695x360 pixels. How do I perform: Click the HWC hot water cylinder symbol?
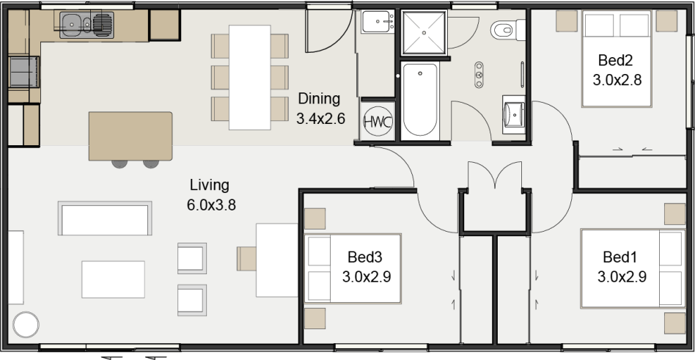pos(378,122)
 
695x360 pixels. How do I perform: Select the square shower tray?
pos(424,33)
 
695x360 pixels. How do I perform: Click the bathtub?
pos(420,100)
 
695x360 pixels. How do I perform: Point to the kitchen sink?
pos(86,23)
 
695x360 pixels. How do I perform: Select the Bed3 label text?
pos(365,257)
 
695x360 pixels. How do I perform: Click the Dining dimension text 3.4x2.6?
pos(320,118)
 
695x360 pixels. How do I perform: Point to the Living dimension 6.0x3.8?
pos(211,205)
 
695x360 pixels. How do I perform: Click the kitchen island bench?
pos(130,136)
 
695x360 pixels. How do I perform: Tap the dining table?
pos(249,78)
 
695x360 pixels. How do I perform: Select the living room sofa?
pos(105,218)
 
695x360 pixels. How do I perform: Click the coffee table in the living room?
pos(113,279)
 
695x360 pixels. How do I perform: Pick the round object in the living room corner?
pos(26,325)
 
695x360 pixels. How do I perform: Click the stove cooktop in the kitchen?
pos(23,73)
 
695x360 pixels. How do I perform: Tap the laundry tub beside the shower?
pos(378,22)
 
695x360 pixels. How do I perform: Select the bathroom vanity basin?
pos(514,114)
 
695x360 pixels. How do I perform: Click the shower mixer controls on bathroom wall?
pos(479,75)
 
